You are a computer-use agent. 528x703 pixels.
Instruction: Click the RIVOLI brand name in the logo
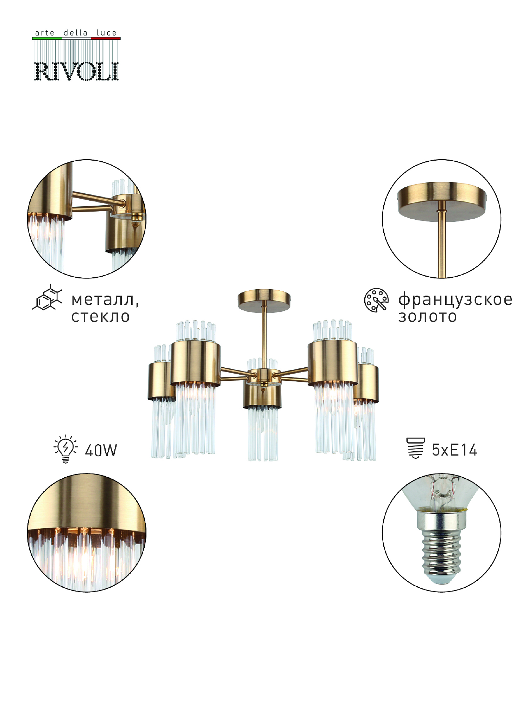[76, 71]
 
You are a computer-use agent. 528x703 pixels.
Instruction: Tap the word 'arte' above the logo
[45, 33]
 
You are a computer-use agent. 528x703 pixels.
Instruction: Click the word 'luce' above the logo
[107, 33]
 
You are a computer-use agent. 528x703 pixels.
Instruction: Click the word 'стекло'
[101, 317]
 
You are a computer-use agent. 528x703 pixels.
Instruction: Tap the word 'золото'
[427, 317]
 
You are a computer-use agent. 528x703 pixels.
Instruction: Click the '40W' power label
[101, 450]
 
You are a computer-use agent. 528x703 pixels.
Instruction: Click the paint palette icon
[376, 300]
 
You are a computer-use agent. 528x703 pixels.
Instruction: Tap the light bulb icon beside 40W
[65, 449]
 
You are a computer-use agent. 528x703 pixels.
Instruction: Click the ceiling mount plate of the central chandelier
[264, 301]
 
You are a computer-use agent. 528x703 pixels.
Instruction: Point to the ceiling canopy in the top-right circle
[442, 201]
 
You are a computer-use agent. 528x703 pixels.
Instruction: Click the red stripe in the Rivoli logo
[106, 38]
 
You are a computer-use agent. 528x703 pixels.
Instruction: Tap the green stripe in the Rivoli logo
[47, 38]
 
